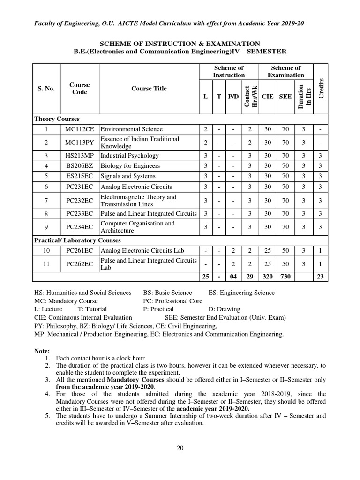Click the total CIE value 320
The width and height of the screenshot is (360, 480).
coord(267,277)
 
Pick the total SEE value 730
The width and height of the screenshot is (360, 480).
coord(285,277)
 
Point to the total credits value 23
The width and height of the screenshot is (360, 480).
coord(320,277)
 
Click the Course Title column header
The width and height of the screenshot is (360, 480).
coord(149,89)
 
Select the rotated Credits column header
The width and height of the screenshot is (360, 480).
coord(321,89)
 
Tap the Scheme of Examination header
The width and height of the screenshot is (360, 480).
coord(285,72)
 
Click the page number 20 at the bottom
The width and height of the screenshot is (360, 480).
coord(180,448)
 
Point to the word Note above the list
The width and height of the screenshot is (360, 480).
coord(42,351)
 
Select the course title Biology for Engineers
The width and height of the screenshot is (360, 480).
coord(130,166)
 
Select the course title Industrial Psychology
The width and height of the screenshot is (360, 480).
coord(130,156)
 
